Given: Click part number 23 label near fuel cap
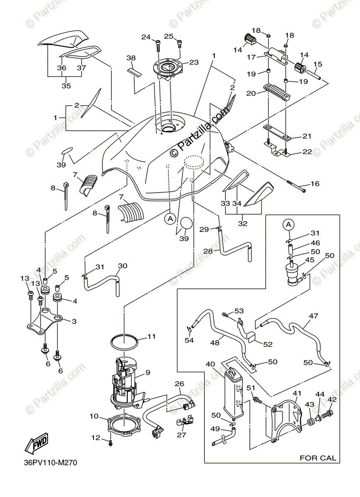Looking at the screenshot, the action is (x=193, y=63).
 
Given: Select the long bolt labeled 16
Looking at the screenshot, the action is (x=296, y=186).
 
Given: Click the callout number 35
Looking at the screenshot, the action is (x=66, y=86).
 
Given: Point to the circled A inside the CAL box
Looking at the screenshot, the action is (x=288, y=225).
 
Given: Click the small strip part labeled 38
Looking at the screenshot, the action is (x=135, y=73).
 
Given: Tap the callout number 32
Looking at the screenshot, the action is (x=243, y=223).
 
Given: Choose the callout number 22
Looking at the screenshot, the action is (x=307, y=152).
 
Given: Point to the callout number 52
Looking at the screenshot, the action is (x=268, y=344).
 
